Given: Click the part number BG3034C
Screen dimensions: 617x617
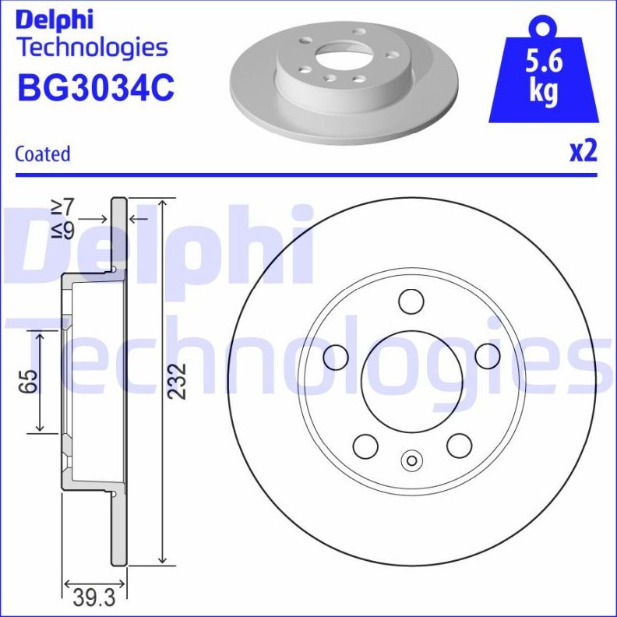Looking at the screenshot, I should (x=95, y=88).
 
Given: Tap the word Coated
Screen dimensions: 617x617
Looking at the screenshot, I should (x=43, y=153).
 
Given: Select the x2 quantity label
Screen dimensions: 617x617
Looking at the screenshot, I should (x=582, y=150).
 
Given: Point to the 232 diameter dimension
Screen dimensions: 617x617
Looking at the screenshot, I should (x=178, y=381).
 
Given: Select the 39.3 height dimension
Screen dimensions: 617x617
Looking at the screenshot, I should (x=93, y=598).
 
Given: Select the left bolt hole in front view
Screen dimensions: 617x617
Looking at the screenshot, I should (x=336, y=357).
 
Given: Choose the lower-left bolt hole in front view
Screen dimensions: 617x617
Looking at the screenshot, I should (x=365, y=446).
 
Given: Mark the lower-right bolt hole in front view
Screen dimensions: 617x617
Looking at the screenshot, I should (x=459, y=446).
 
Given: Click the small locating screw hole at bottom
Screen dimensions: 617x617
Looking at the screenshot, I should (x=411, y=461).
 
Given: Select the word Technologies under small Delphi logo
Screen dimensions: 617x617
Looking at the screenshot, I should (x=92, y=48).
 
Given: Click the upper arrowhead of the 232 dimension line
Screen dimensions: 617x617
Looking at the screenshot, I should (x=162, y=204).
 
